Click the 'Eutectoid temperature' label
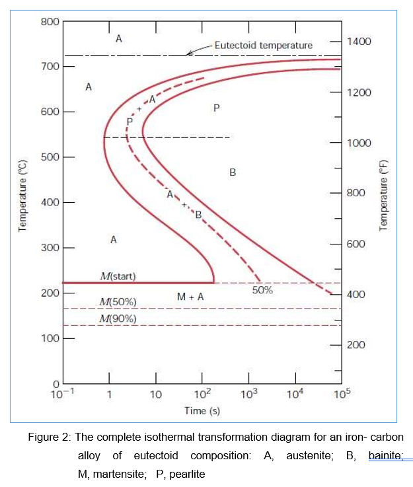coord(263,45)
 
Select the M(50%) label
coord(118,301)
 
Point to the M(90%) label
coord(118,318)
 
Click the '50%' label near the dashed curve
coord(262,289)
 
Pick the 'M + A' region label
coord(190,297)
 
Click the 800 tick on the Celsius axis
coord(49,22)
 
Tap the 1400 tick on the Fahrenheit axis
coord(359,42)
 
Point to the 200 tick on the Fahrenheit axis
coord(356,345)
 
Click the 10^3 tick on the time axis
coord(248,395)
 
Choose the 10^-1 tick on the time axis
coord(62,395)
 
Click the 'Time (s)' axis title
coord(202,411)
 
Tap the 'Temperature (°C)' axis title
coord(24,196)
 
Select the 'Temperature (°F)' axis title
coord(383,196)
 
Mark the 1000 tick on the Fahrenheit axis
coord(359,143)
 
